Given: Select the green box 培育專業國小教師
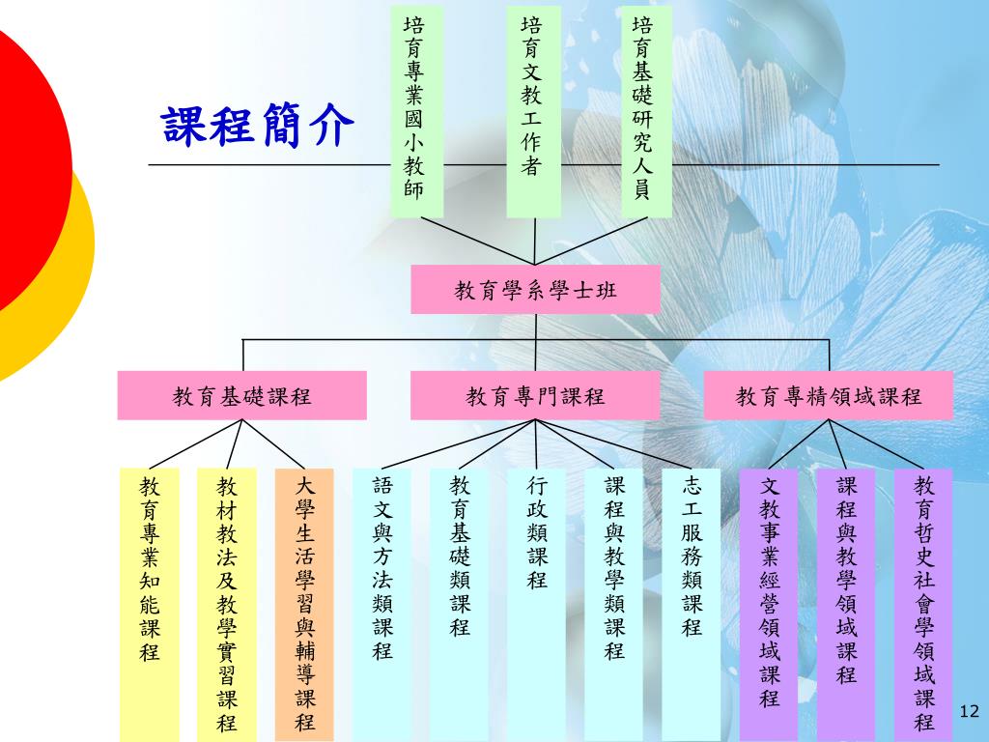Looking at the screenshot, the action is [x=415, y=110].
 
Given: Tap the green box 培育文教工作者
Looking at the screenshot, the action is [x=533, y=110].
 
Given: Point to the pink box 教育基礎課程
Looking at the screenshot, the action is [x=242, y=396].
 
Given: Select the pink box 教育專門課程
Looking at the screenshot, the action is [x=536, y=396].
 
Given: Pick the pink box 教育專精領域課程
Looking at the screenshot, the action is [x=829, y=396].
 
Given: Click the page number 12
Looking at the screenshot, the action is [x=970, y=712].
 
